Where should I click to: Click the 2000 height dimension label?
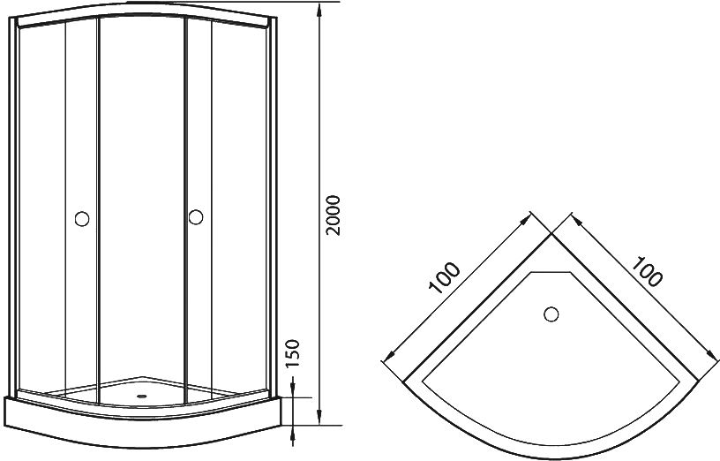coord(333,215)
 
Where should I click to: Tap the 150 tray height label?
coord(292,353)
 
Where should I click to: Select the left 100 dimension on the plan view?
coord(445,277)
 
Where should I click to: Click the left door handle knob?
coord(82,219)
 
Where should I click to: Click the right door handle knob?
coord(196,217)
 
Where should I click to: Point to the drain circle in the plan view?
coord(551,314)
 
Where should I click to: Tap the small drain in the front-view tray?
coord(142,395)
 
